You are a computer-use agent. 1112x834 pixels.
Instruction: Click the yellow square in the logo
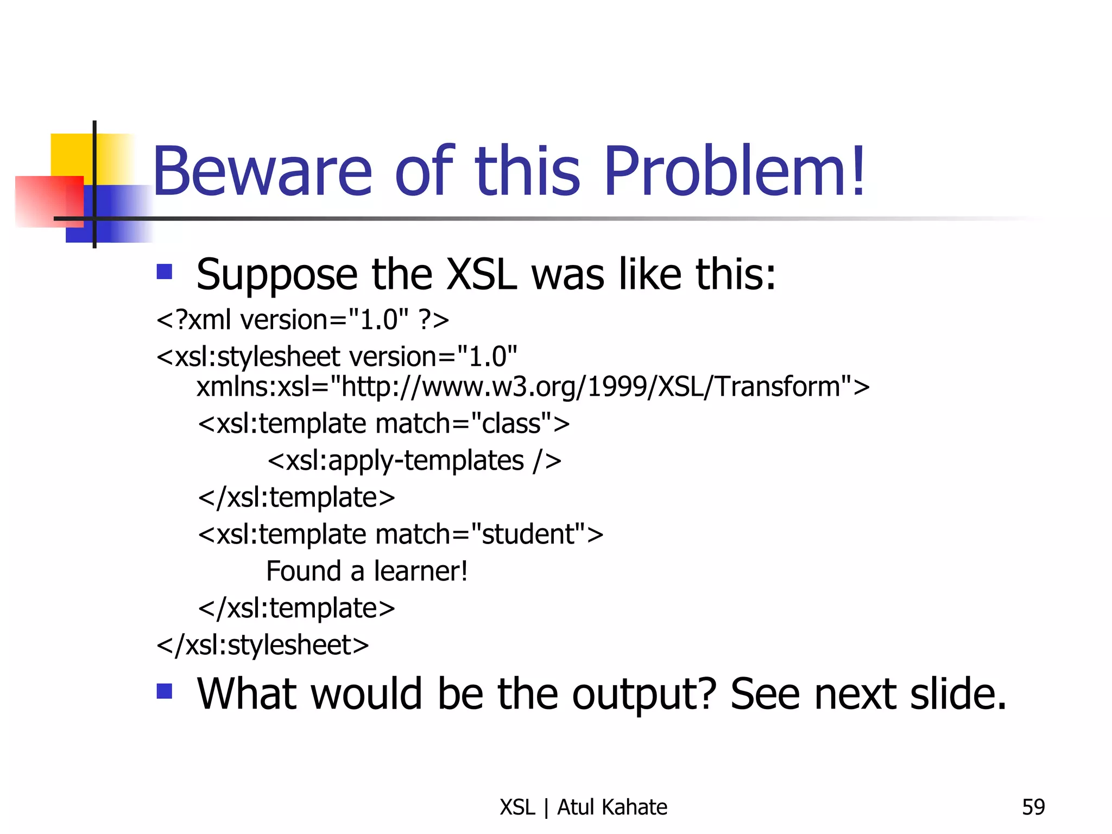tap(71, 155)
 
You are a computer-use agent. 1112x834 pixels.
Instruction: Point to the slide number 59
tap(1033, 807)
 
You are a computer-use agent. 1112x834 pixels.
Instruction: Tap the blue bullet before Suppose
tap(164, 271)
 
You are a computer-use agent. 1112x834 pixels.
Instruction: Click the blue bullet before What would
tap(164, 691)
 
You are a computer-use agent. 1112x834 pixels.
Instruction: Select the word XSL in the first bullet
tap(481, 275)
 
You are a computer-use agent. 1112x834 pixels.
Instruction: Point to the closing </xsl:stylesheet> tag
tap(263, 645)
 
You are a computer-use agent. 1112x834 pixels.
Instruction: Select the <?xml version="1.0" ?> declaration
tap(302, 319)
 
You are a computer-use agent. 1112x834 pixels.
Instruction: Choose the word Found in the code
tap(304, 571)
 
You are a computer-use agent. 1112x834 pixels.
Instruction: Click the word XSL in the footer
tap(517, 807)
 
